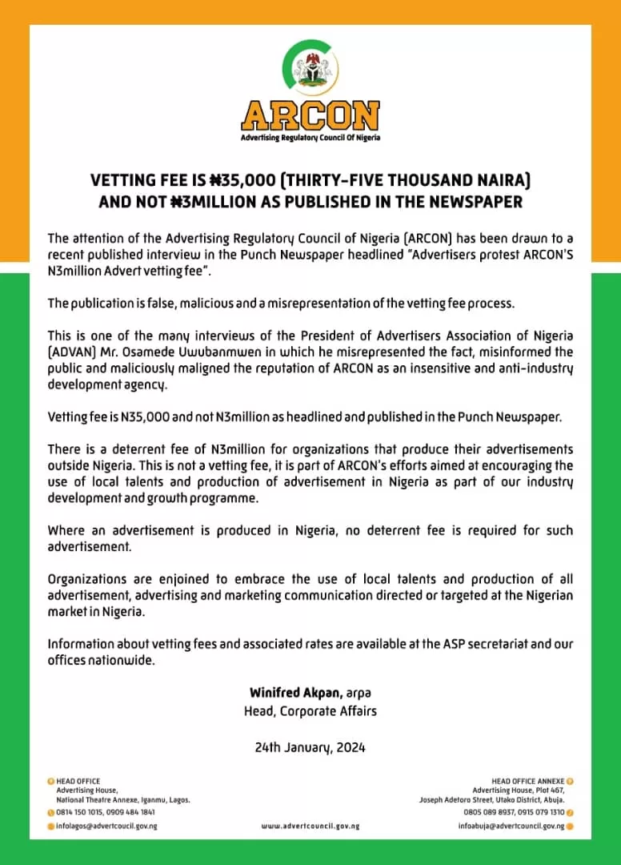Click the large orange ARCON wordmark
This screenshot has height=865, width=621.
pos(310,116)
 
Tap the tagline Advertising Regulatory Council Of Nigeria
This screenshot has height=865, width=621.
pos(310,138)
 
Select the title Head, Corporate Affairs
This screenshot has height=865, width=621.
pos(310,710)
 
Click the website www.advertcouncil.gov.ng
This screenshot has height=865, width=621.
pos(310,826)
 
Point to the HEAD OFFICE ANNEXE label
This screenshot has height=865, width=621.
pos(528,780)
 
